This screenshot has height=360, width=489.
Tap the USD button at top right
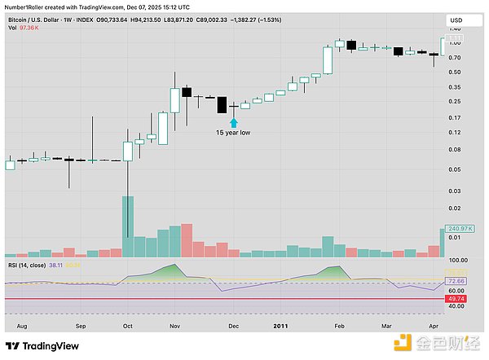click(458, 19)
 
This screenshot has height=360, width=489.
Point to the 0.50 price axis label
click(455, 72)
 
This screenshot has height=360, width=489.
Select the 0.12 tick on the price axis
click(455, 133)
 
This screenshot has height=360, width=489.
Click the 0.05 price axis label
click(455, 169)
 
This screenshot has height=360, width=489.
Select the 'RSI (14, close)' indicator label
click(25, 265)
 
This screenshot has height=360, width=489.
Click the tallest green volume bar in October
click(128, 217)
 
